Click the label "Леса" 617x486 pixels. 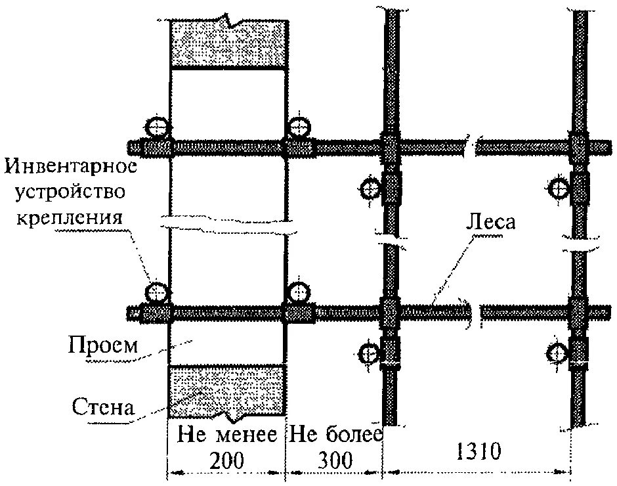tap(490, 222)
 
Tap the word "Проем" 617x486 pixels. tap(103, 345)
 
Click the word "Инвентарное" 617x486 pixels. tap(72, 167)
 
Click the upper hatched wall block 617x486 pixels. tap(228, 43)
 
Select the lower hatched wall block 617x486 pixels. tap(226, 391)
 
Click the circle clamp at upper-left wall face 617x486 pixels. tap(157, 125)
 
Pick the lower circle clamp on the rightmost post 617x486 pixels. tap(559, 354)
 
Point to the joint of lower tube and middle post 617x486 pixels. tap(389, 311)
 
